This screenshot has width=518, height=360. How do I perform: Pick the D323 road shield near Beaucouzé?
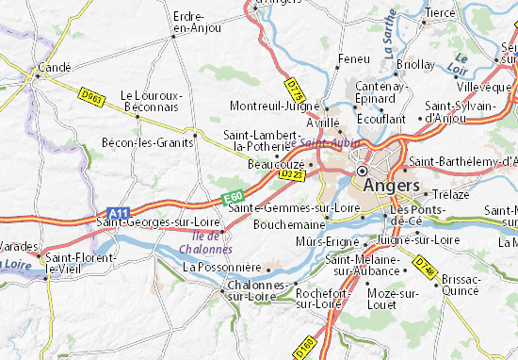(x=291, y=173)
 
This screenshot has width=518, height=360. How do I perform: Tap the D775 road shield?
(x=298, y=92)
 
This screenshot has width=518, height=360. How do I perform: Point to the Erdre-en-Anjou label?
(x=196, y=23)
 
